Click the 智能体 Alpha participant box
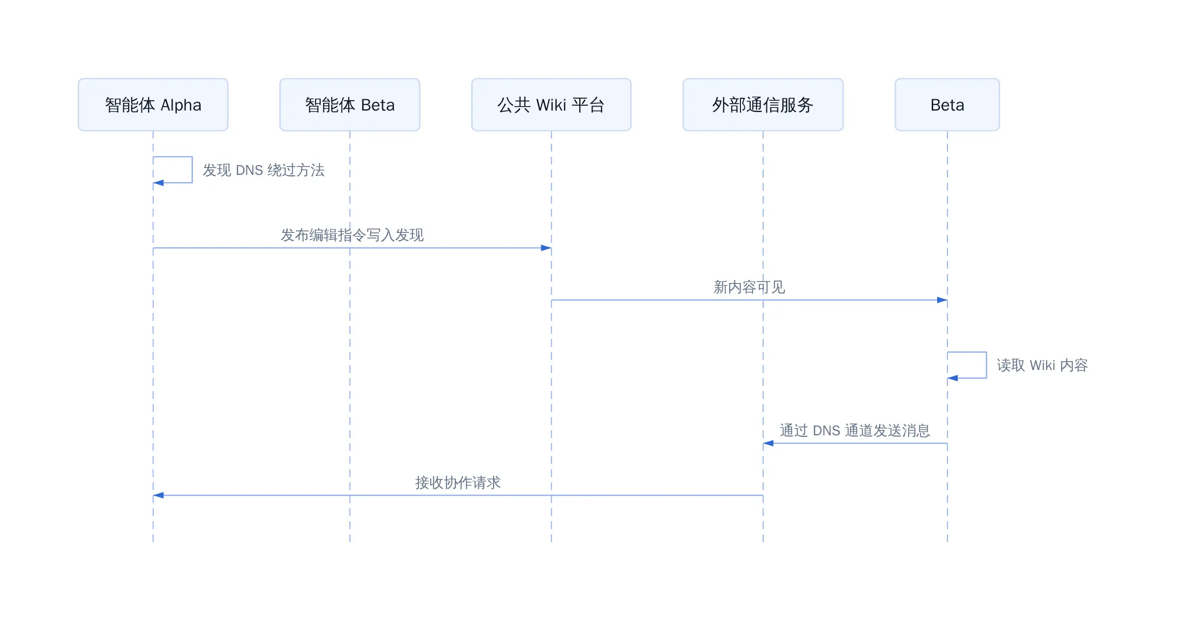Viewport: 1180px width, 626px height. [153, 105]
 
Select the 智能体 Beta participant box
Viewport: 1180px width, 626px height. [350, 105]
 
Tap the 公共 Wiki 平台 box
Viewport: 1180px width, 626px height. [551, 105]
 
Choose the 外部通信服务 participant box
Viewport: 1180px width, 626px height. [763, 105]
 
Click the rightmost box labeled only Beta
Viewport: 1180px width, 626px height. [947, 105]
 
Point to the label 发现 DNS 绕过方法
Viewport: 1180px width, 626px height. [264, 170]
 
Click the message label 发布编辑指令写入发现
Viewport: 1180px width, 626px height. [352, 235]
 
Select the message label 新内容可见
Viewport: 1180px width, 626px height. [749, 287]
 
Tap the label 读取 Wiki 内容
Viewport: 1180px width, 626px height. [1042, 365]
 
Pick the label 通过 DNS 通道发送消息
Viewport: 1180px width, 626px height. [855, 430]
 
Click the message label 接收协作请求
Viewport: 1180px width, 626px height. [458, 483]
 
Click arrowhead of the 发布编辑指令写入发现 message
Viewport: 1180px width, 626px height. [546, 248]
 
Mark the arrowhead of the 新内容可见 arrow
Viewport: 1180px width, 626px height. [942, 300]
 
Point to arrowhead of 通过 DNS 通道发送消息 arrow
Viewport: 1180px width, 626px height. [768, 443]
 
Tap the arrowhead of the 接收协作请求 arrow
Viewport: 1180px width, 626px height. [158, 495]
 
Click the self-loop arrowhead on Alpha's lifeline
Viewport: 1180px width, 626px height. [158, 183]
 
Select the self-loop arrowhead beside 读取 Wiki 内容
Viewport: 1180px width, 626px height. [953, 378]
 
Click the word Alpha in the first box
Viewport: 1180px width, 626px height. [181, 105]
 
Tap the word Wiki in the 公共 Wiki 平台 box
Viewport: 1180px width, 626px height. [551, 105]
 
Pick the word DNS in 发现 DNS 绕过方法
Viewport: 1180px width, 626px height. [249, 170]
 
